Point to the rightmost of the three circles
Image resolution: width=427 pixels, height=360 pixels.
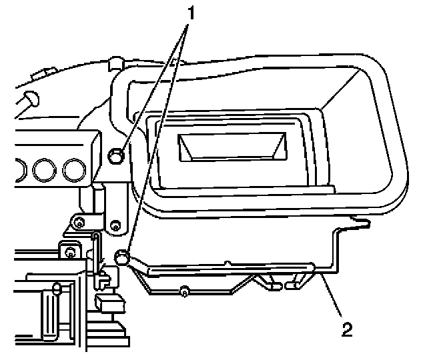tap(73, 171)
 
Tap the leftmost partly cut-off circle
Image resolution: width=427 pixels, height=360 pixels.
tap(18, 171)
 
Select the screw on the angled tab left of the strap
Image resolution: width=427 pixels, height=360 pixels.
tap(79, 221)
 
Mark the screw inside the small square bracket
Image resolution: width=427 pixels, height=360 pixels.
tap(69, 251)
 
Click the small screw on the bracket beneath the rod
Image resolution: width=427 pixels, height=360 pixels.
tap(184, 290)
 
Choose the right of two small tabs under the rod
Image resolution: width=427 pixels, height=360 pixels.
tap(293, 284)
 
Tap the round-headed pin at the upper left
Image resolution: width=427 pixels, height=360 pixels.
tap(29, 99)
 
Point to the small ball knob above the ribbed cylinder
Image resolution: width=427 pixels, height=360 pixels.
tap(57, 288)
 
